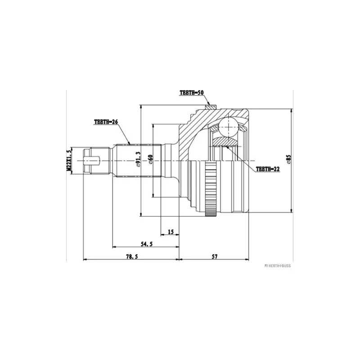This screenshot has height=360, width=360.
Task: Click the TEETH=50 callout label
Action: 192,92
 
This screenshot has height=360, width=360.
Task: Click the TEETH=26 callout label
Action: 106,121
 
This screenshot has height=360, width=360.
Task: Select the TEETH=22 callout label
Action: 268,169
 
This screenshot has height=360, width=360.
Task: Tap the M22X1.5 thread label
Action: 69,160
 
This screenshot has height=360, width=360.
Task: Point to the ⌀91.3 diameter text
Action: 139,160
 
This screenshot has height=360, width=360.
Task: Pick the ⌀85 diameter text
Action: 288,160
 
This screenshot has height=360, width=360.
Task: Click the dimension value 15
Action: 171,232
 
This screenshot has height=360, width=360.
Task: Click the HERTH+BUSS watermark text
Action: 277,265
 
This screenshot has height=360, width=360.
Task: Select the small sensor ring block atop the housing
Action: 209,107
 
